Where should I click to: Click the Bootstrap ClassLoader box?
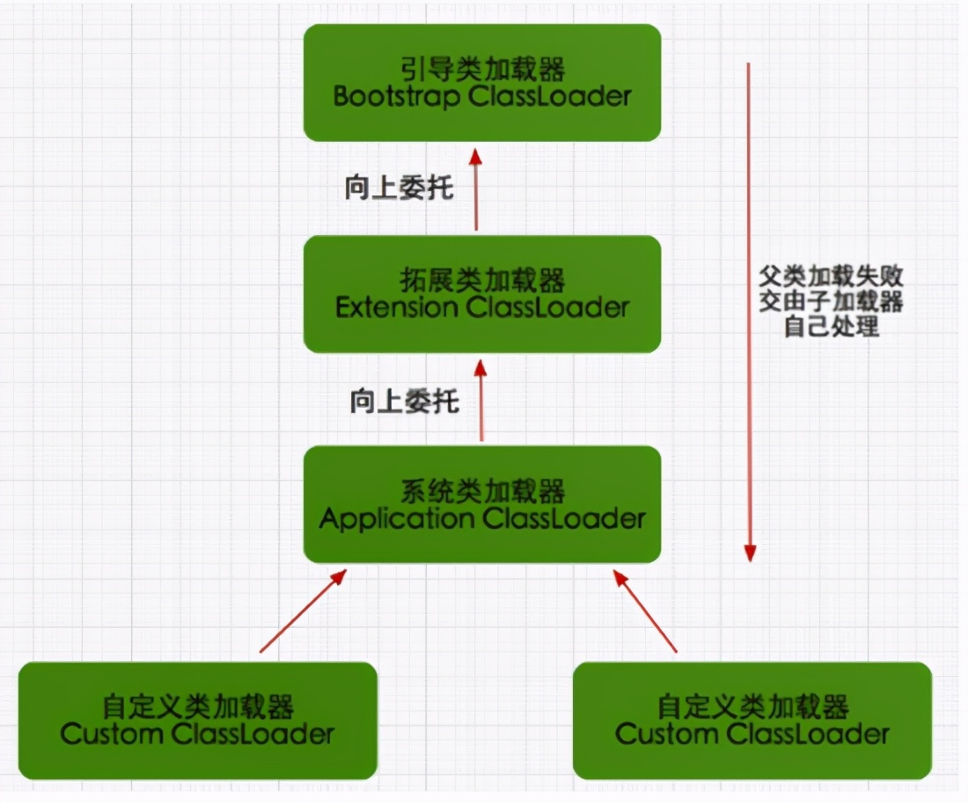[481, 82]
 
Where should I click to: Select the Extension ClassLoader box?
[481, 293]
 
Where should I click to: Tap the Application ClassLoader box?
[481, 504]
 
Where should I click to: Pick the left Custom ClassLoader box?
[197, 720]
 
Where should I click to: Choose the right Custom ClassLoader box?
[752, 720]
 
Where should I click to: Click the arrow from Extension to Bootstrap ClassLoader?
[476, 188]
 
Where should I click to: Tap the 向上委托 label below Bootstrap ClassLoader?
[400, 188]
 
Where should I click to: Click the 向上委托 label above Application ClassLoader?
[405, 401]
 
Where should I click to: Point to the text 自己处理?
[831, 327]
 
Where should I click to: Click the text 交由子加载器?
[831, 302]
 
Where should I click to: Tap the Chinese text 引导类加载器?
[482, 69]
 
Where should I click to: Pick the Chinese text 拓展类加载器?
[482, 281]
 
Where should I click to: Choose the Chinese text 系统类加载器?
[482, 491]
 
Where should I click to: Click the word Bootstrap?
[397, 96]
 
